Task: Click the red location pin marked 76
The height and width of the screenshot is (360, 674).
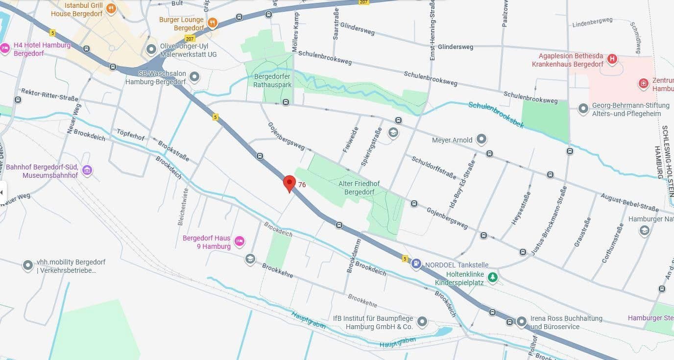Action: point(289,183)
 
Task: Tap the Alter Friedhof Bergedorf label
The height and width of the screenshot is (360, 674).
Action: point(359,188)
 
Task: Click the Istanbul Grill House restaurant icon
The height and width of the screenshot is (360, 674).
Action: point(111,8)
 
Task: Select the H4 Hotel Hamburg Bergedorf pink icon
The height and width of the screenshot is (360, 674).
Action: point(5,48)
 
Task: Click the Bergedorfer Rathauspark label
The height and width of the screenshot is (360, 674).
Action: point(273,80)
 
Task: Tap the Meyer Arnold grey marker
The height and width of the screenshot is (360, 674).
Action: point(481,140)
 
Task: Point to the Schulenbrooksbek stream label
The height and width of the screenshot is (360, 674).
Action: point(496,114)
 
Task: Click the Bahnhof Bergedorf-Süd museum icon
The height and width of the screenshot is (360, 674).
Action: point(87,170)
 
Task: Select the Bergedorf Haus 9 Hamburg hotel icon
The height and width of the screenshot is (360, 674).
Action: point(240,240)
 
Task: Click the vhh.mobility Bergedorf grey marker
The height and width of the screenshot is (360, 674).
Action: point(28,265)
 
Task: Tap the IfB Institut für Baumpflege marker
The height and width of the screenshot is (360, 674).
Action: point(422,322)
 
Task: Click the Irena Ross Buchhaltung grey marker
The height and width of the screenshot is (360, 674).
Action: point(523,321)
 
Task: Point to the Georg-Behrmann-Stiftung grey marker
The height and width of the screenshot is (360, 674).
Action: point(583,109)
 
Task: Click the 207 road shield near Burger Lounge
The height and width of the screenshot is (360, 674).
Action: point(190,38)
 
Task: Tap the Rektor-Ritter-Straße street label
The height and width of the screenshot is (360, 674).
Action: point(49,95)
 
